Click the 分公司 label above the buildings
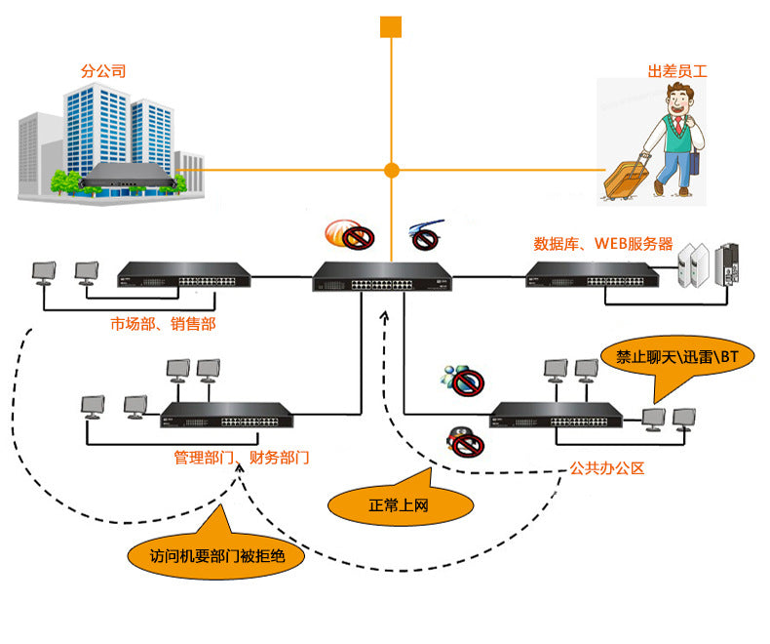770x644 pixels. point(103,71)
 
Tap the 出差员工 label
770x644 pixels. point(676,71)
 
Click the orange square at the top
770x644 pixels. point(391,26)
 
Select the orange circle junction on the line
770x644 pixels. point(392,170)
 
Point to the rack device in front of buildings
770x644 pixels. point(128,177)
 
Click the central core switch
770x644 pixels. point(382,277)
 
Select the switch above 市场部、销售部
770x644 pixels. point(184,274)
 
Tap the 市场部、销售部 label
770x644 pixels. point(163,324)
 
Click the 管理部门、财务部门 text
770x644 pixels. point(242,457)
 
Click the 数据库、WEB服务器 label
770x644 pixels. point(603,244)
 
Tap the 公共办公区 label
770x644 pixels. point(608,467)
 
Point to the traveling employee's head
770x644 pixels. point(679,99)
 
